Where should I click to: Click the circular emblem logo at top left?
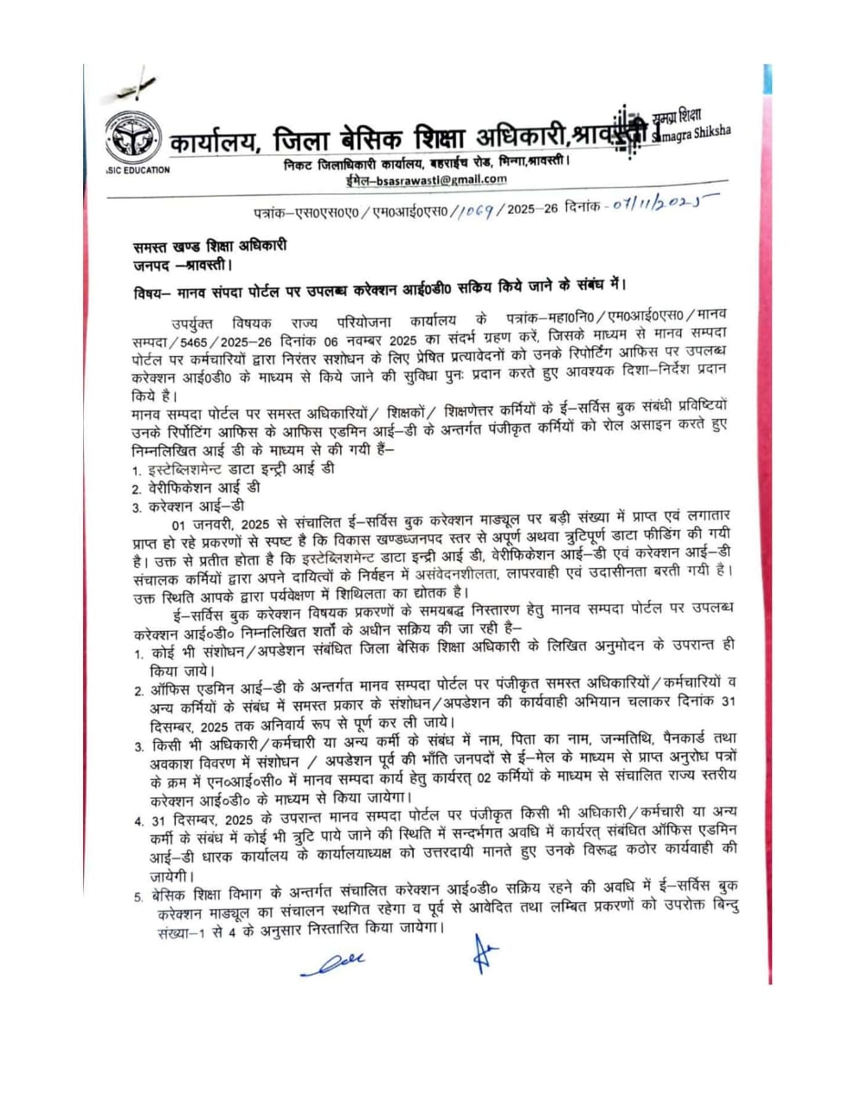point(132,138)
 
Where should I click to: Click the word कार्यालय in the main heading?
point(215,141)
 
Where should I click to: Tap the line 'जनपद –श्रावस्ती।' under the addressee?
point(182,263)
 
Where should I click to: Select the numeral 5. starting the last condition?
point(138,897)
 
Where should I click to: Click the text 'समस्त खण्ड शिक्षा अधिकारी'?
point(203,245)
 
